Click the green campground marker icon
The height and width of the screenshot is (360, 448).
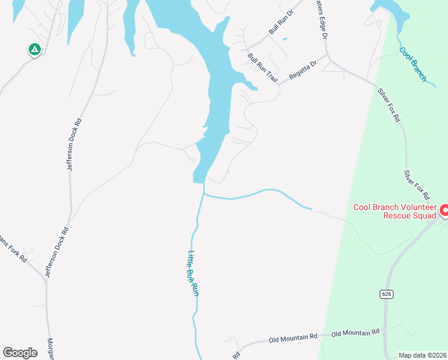click(x=34, y=49)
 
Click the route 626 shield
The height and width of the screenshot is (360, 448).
click(x=386, y=294)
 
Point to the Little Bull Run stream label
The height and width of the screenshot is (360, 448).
click(x=193, y=272)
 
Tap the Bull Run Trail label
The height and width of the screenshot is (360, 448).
click(x=263, y=67)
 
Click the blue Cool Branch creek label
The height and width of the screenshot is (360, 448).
click(x=413, y=64)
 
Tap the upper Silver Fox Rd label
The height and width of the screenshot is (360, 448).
click(x=389, y=105)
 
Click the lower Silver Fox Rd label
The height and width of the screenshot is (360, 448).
click(x=416, y=184)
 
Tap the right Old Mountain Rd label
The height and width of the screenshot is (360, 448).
click(x=356, y=332)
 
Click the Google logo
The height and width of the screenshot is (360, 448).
click(x=20, y=352)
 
